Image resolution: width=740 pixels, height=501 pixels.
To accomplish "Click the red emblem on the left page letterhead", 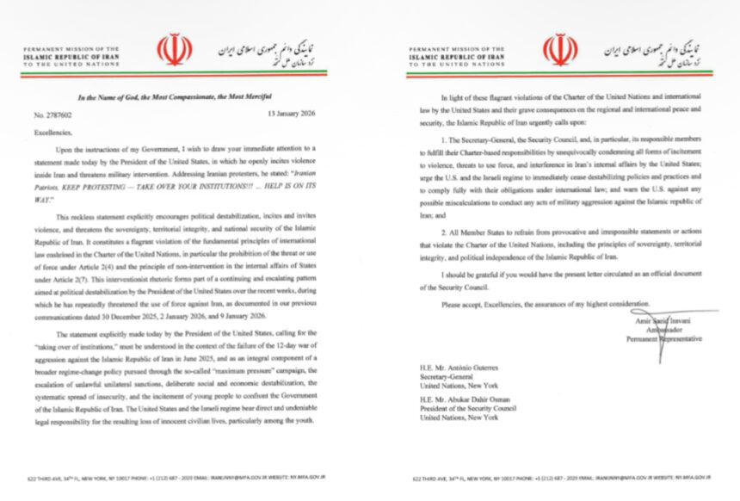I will [x=175, y=51].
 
